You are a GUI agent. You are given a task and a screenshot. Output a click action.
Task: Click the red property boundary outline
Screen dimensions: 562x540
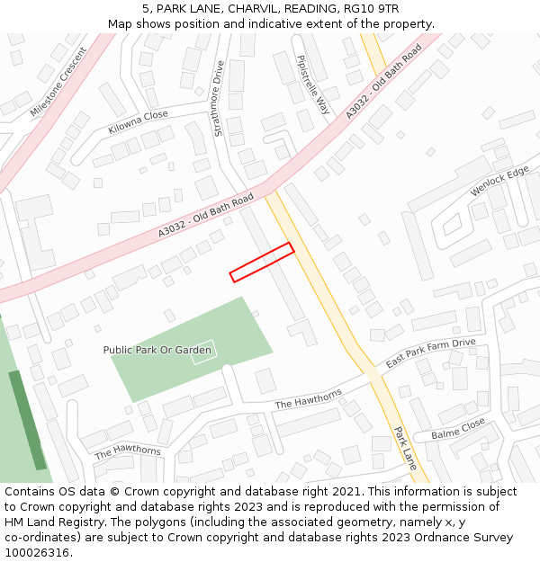[262, 263]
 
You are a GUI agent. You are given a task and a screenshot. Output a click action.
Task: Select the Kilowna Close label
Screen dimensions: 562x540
[138, 122]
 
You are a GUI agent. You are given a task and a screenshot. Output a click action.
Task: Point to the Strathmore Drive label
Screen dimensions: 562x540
[218, 99]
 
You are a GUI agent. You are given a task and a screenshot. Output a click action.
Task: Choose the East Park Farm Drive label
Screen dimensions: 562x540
[430, 353]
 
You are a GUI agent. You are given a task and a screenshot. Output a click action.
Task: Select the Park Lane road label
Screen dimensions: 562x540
[405, 448]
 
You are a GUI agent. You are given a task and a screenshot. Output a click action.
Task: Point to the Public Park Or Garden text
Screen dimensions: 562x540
[157, 350]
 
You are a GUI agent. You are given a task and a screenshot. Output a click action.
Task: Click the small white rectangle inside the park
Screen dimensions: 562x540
[203, 352]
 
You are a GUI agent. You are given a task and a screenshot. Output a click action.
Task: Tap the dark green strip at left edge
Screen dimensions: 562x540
[27, 419]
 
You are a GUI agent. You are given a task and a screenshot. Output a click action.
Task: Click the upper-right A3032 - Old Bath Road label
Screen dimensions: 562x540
[383, 83]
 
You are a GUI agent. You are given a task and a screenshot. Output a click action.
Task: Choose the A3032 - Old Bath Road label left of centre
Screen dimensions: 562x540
[193, 218]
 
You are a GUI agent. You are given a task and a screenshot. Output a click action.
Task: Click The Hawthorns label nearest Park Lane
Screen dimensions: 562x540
[308, 399]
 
